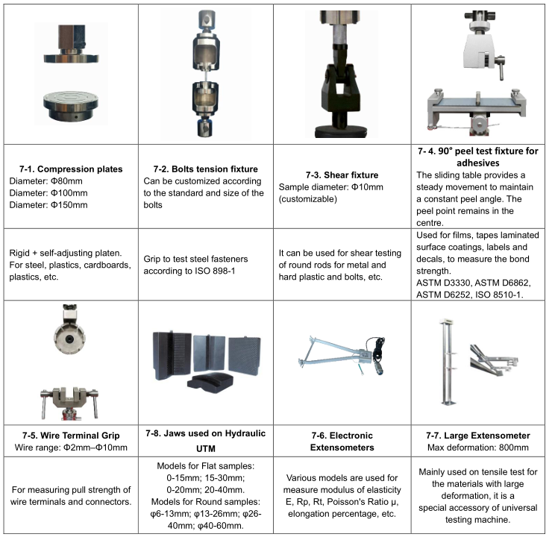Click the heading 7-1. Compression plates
[71, 169]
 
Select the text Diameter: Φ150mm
[48, 205]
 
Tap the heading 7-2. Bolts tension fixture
[206, 169]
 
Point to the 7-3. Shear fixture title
[342, 175]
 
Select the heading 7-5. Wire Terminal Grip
[71, 436]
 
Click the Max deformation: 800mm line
[477, 448]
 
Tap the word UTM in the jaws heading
[206, 449]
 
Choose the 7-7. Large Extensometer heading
[477, 436]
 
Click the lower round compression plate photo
[71, 106]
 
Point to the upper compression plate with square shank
[72, 44]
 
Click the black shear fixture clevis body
[339, 87]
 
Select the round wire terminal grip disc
[69, 337]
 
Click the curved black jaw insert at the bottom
[210, 383]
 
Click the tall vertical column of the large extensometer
[448, 362]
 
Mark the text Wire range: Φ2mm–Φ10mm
[71, 448]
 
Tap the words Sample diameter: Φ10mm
[331, 187]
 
